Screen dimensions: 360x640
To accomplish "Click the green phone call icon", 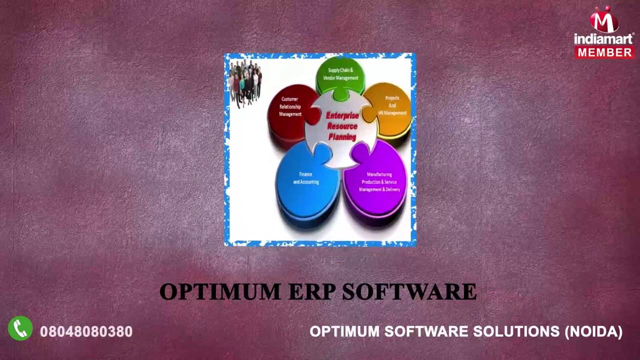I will [x=20, y=328].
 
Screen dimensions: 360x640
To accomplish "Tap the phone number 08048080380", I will [x=86, y=331].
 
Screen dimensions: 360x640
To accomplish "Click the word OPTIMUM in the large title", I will [x=220, y=292].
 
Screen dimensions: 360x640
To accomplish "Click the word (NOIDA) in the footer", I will [x=593, y=331].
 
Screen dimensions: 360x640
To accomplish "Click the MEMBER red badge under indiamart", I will [x=604, y=52].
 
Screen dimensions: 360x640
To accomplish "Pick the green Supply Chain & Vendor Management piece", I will [x=340, y=74].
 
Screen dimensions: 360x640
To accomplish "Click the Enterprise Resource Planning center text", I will [x=342, y=126].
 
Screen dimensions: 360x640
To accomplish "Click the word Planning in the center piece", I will [x=342, y=137].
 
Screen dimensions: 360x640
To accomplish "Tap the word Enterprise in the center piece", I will [x=342, y=115].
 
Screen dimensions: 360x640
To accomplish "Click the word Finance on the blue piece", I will [x=305, y=174].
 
